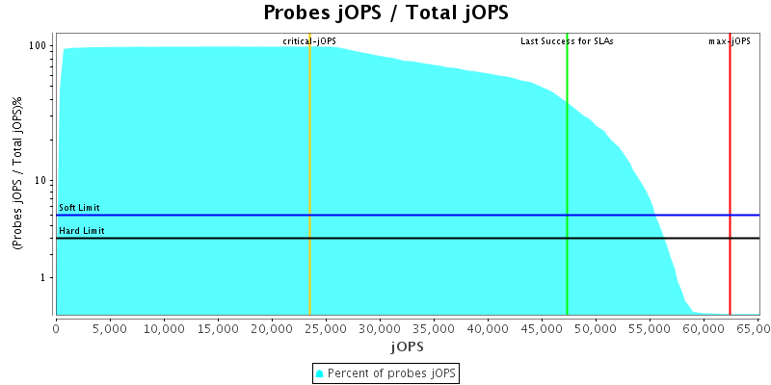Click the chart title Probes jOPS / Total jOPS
coord(385,13)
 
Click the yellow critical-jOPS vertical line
coord(309,173)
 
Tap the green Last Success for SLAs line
coord(567,173)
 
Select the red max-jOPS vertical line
coord(730,173)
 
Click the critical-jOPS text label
coord(309,41)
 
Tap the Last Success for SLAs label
coord(567,41)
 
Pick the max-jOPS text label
coord(730,41)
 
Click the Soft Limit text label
coord(79,208)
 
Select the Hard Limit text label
coord(82,231)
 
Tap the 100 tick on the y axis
coord(39,46)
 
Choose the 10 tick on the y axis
coord(41,181)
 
